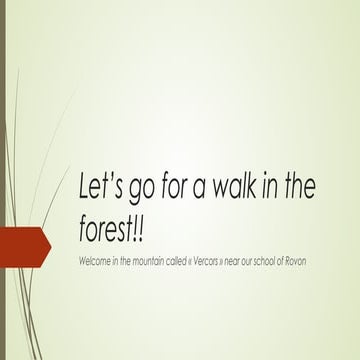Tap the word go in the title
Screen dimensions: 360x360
pos(144,192)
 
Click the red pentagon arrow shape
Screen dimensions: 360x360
pos(23,243)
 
